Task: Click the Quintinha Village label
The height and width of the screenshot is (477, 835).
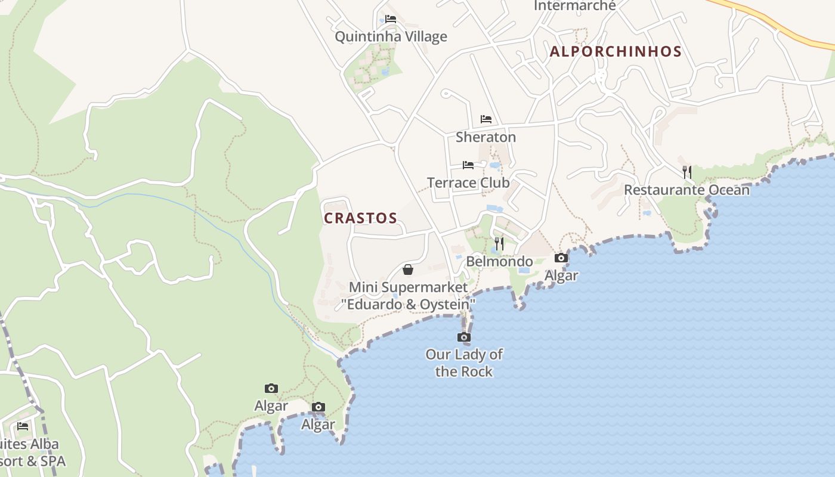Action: pyautogui.click(x=391, y=37)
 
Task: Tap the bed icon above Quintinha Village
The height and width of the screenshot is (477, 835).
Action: pyautogui.click(x=391, y=19)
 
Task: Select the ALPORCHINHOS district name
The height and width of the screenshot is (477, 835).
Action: pyautogui.click(x=616, y=52)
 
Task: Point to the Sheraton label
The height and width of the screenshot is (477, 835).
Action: pyautogui.click(x=485, y=137)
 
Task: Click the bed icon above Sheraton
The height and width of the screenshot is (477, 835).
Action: pyautogui.click(x=486, y=119)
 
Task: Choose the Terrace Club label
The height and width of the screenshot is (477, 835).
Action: pyautogui.click(x=468, y=182)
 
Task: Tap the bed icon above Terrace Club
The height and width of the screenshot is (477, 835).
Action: pyautogui.click(x=468, y=165)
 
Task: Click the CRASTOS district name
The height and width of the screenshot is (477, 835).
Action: pyautogui.click(x=360, y=218)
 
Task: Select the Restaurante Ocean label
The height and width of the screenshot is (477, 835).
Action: pyautogui.click(x=686, y=190)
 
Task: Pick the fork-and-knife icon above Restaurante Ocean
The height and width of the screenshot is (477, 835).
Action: pyautogui.click(x=687, y=172)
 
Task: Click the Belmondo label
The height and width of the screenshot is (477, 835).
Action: pyautogui.click(x=499, y=261)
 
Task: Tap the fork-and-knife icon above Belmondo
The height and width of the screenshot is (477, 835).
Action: pyautogui.click(x=499, y=243)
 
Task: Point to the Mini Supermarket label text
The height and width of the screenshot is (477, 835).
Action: pyautogui.click(x=408, y=296)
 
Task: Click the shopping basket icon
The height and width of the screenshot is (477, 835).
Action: pyautogui.click(x=408, y=270)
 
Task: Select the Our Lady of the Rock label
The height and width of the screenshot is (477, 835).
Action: pyautogui.click(x=463, y=363)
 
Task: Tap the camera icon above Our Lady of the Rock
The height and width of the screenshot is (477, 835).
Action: pyautogui.click(x=463, y=337)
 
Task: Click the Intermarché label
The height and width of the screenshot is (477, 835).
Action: pyautogui.click(x=574, y=6)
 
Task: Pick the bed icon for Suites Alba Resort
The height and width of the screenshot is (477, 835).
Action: pyautogui.click(x=23, y=426)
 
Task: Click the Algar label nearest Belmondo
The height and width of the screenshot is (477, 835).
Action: pyautogui.click(x=561, y=275)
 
